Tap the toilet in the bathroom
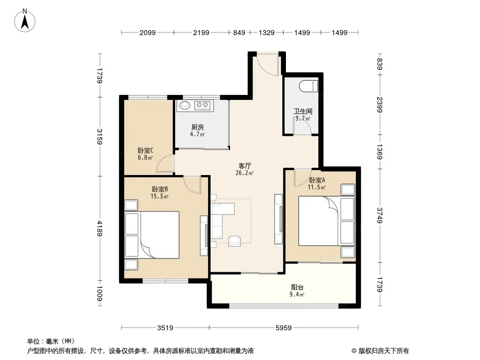click(309, 86)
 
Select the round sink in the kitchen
click(185, 105)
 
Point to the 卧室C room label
click(145, 150)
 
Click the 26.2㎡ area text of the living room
click(245, 173)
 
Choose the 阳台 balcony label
click(297, 288)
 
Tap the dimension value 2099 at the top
click(148, 33)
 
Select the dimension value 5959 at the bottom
click(284, 328)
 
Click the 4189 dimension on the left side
click(100, 229)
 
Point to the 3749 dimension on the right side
click(380, 216)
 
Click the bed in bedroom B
click(152, 234)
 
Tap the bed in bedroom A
click(326, 221)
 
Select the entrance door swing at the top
click(267, 64)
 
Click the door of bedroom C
click(165, 164)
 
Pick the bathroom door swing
click(303, 126)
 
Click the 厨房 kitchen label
click(198, 127)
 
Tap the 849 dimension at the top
click(239, 33)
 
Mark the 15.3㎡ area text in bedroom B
click(159, 196)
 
